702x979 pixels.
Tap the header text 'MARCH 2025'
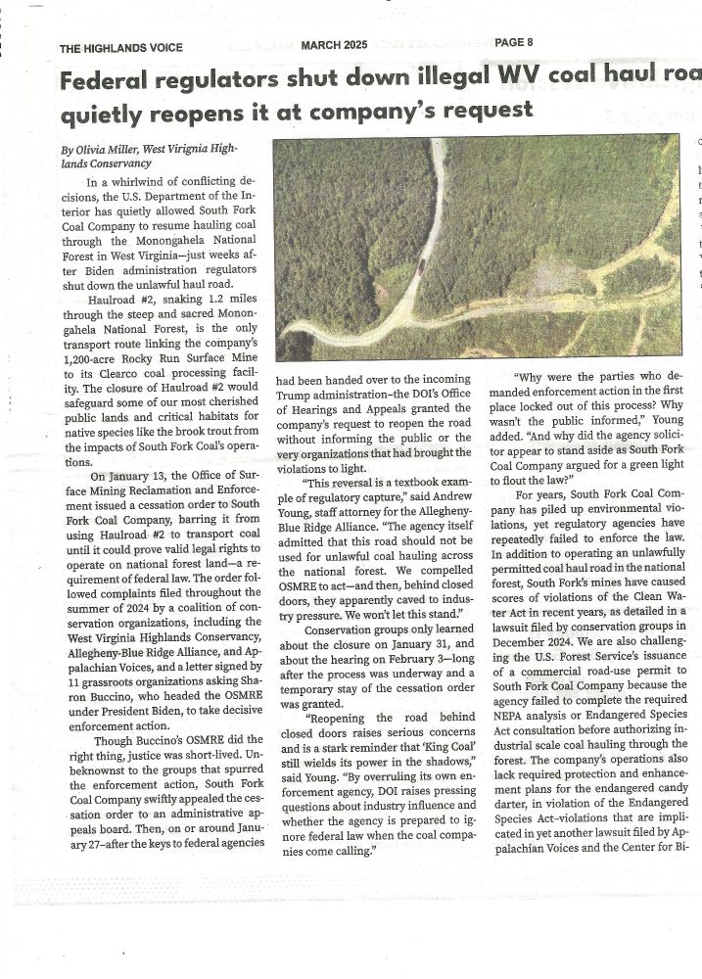(x=334, y=44)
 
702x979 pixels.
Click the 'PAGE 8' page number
(x=514, y=42)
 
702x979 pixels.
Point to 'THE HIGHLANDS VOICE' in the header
(x=120, y=47)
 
